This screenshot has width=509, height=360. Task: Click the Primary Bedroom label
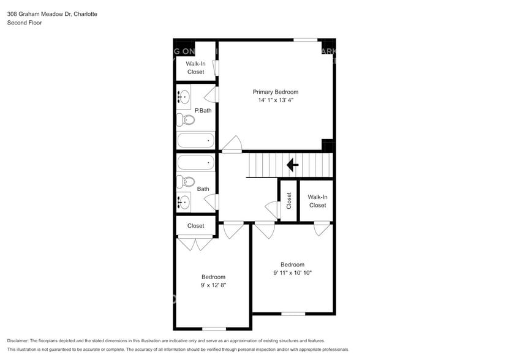pyautogui.click(x=276, y=92)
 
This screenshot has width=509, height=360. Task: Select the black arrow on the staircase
pyautogui.click(x=292, y=164)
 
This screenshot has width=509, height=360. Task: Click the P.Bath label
pyautogui.click(x=203, y=111)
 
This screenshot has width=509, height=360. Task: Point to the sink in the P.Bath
pyautogui.click(x=184, y=97)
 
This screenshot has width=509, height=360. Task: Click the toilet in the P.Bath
pyautogui.click(x=186, y=119)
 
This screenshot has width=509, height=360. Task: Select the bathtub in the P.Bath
pyautogui.click(x=195, y=141)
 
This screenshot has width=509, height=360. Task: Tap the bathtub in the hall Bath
pyautogui.click(x=195, y=162)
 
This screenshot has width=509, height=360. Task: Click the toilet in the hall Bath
pyautogui.click(x=186, y=181)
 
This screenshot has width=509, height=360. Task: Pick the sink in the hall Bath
pyautogui.click(x=184, y=201)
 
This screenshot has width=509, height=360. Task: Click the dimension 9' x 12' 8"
pyautogui.click(x=213, y=285)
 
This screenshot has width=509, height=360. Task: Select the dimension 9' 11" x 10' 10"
pyautogui.click(x=292, y=273)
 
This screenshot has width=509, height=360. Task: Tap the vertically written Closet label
pyautogui.click(x=289, y=200)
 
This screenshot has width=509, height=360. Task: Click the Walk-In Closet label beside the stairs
pyautogui.click(x=317, y=201)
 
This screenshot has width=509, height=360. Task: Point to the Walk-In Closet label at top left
pyautogui.click(x=195, y=67)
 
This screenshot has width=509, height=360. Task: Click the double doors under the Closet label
pyautogui.click(x=195, y=243)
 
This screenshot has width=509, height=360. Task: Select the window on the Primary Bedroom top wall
pyautogui.click(x=305, y=40)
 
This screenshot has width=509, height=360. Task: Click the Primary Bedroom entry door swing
pyautogui.click(x=232, y=144)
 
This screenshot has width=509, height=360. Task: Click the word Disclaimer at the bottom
pyautogui.click(x=21, y=340)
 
